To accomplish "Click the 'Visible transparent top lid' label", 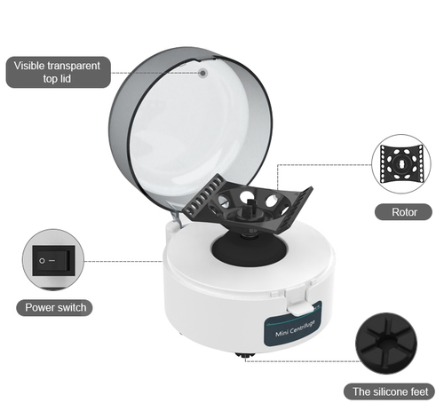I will pos(59,72).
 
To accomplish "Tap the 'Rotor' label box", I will pos(404,212).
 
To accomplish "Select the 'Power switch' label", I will pos(54,308).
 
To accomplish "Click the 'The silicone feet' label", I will pos(392,391).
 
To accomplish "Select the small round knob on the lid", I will pos(202,74).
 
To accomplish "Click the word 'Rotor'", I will pos(404,212).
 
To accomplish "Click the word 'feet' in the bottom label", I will pos(418,391).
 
